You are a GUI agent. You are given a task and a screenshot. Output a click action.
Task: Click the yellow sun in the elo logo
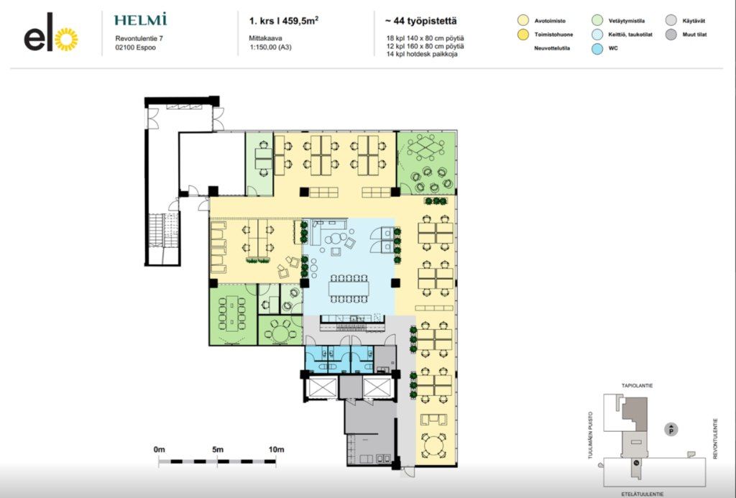[66, 40]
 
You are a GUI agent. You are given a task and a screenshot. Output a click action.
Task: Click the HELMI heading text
[140, 19]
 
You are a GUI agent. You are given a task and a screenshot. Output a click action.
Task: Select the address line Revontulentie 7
[139, 39]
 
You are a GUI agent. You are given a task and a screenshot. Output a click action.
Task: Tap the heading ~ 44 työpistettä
[420, 21]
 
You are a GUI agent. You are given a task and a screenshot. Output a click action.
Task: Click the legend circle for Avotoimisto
[523, 21]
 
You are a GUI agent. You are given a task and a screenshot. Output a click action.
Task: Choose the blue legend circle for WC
[597, 48]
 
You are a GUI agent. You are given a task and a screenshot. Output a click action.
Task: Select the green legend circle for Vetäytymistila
[597, 21]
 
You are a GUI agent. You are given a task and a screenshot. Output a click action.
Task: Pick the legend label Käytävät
[694, 21]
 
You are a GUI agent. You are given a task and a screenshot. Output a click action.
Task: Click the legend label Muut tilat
[695, 34]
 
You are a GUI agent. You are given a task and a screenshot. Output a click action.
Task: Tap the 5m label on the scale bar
[217, 449]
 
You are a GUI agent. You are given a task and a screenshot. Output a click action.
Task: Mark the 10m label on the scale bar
[277, 449]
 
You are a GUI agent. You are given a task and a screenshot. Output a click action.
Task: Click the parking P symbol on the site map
[671, 429]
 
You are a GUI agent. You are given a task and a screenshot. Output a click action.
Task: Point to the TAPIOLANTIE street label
[637, 386]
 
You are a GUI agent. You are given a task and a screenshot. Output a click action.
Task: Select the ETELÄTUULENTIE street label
[642, 494]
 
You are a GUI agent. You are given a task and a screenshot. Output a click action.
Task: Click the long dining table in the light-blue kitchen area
[349, 287]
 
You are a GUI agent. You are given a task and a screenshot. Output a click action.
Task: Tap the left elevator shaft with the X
[321, 388]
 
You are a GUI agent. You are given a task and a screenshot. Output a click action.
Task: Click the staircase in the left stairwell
[163, 238]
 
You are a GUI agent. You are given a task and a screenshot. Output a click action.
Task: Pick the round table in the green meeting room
[280, 333]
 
